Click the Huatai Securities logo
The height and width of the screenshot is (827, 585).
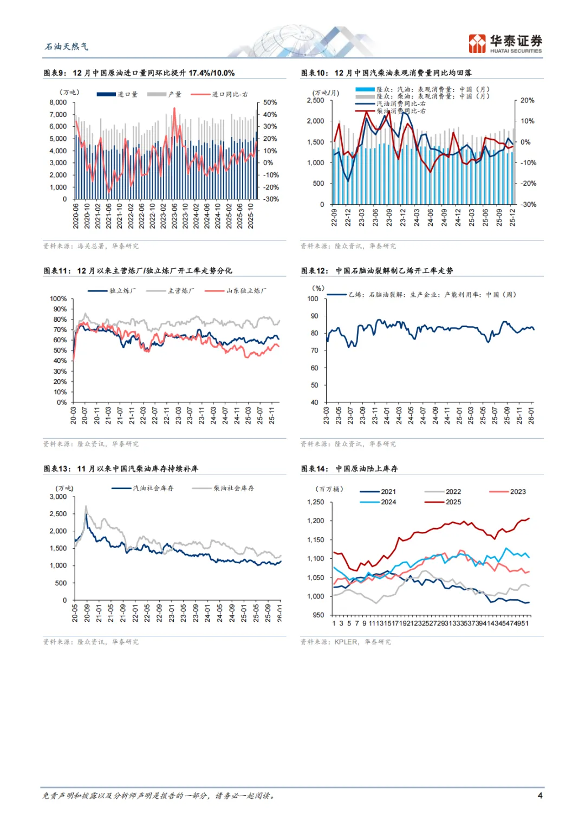pyautogui.click(x=505, y=43)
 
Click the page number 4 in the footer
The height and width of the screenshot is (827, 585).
pyautogui.click(x=539, y=795)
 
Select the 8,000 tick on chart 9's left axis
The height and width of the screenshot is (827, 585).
pyautogui.click(x=58, y=102)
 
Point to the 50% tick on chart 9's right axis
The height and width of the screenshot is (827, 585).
pyautogui.click(x=270, y=102)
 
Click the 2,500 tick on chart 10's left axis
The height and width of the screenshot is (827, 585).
pyautogui.click(x=315, y=101)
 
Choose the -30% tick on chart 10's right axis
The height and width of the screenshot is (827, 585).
pyautogui.click(x=528, y=204)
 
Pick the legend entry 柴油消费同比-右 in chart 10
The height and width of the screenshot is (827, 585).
pyautogui.click(x=401, y=111)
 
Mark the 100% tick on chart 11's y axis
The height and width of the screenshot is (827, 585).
pyautogui.click(x=58, y=299)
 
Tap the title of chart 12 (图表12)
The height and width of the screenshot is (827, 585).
pyautogui.click(x=377, y=271)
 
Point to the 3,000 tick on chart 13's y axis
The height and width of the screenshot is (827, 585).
pyautogui.click(x=58, y=497)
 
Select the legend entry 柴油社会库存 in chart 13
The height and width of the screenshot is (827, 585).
pyautogui.click(x=233, y=488)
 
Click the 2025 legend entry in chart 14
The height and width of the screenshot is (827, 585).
pyautogui.click(x=453, y=502)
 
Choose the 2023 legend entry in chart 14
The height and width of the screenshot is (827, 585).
pyautogui.click(x=517, y=492)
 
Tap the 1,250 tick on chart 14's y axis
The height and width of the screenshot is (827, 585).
pyautogui.click(x=315, y=502)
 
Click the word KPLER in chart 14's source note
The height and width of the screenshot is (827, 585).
pyautogui.click(x=346, y=642)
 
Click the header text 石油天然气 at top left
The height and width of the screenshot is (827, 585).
pyautogui.click(x=66, y=47)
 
